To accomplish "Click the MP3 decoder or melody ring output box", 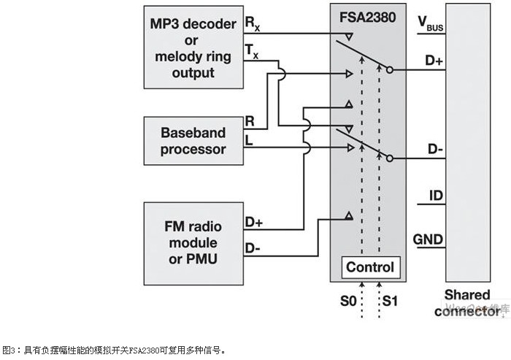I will pyautogui.click(x=193, y=48).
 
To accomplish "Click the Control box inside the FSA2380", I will pyautogui.click(x=369, y=267).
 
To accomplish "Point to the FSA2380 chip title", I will pyautogui.click(x=369, y=15).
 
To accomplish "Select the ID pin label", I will pyautogui.click(x=434, y=196).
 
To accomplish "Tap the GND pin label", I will pyautogui.click(x=429, y=239).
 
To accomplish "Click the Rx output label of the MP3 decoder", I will pyautogui.click(x=252, y=25).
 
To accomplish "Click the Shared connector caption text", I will pyautogui.click(x=468, y=303).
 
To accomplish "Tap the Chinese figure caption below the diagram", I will pyautogui.click(x=115, y=350).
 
